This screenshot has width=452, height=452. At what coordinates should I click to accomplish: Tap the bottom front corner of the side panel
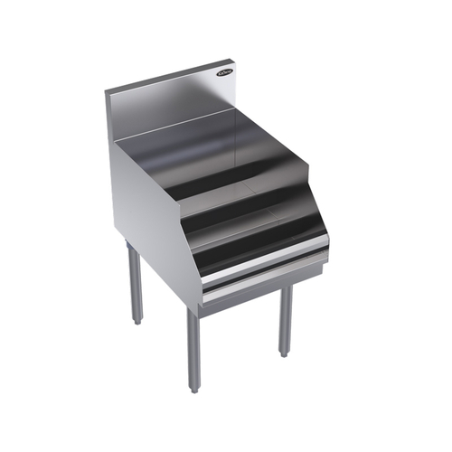click(202, 303)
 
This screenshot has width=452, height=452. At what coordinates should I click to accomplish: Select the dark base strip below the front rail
click(262, 287)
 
